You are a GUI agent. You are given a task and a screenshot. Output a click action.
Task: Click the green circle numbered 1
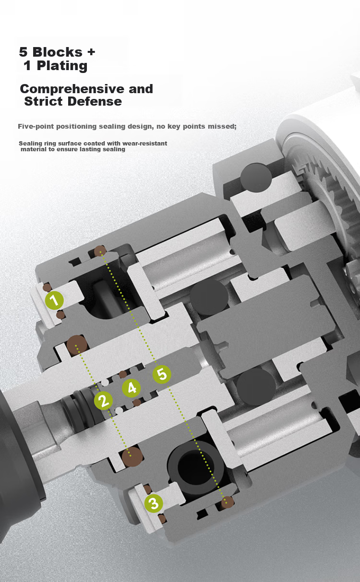[54, 300]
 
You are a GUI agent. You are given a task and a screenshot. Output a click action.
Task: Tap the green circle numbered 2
[103, 400]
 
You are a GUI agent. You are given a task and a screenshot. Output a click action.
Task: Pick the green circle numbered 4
[132, 388]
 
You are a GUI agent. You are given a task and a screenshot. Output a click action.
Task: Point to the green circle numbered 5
[162, 375]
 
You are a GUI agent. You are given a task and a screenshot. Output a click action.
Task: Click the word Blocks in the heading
[58, 52]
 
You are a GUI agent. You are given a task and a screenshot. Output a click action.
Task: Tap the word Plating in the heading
[62, 65]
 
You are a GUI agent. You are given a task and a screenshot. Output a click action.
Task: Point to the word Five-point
[36, 127]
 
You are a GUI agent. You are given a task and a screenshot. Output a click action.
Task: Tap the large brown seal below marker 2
[132, 456]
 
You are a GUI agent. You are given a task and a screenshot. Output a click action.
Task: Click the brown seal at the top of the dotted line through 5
[100, 251]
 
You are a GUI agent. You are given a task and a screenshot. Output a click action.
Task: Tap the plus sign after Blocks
[91, 52]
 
